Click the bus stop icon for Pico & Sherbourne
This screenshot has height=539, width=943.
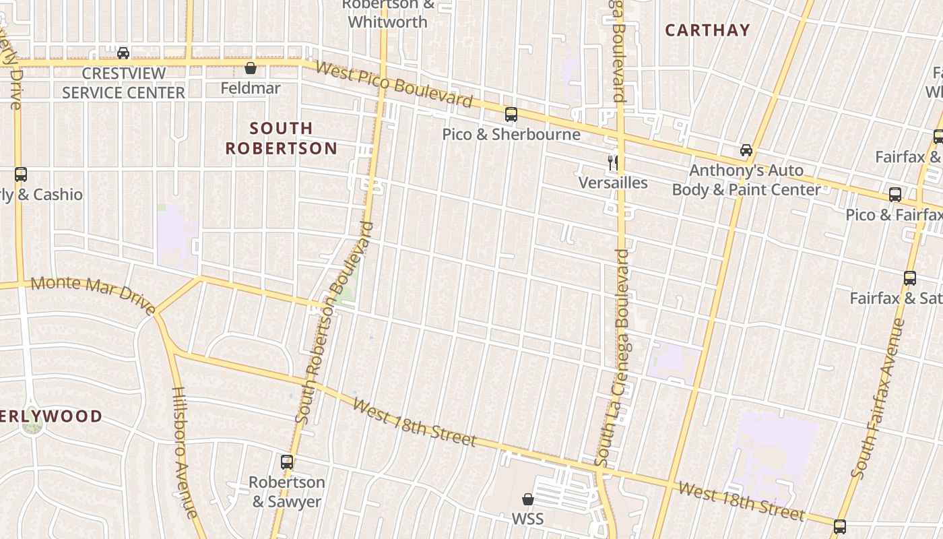coord(511,115)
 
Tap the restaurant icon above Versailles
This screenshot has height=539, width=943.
coord(613,162)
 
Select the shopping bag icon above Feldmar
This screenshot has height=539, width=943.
coord(251,68)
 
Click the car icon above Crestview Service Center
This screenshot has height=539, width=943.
coord(123,53)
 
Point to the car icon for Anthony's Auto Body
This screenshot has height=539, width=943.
coord(746,150)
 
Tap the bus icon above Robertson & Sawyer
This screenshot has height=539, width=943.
coord(287,462)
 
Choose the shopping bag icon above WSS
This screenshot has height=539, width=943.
coord(528,499)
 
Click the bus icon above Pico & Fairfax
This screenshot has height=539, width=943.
coord(895,195)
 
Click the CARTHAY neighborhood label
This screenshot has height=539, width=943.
coord(707,30)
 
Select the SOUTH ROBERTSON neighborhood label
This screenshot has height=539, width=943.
coord(282,138)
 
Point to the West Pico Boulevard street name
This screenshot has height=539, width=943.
coord(394,85)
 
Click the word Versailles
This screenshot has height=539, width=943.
coord(613,183)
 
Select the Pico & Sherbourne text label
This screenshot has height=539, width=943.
coord(511,134)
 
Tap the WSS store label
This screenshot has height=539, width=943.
coord(528,519)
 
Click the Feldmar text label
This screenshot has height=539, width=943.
coord(251,88)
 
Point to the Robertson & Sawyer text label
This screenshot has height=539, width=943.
coord(287,492)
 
